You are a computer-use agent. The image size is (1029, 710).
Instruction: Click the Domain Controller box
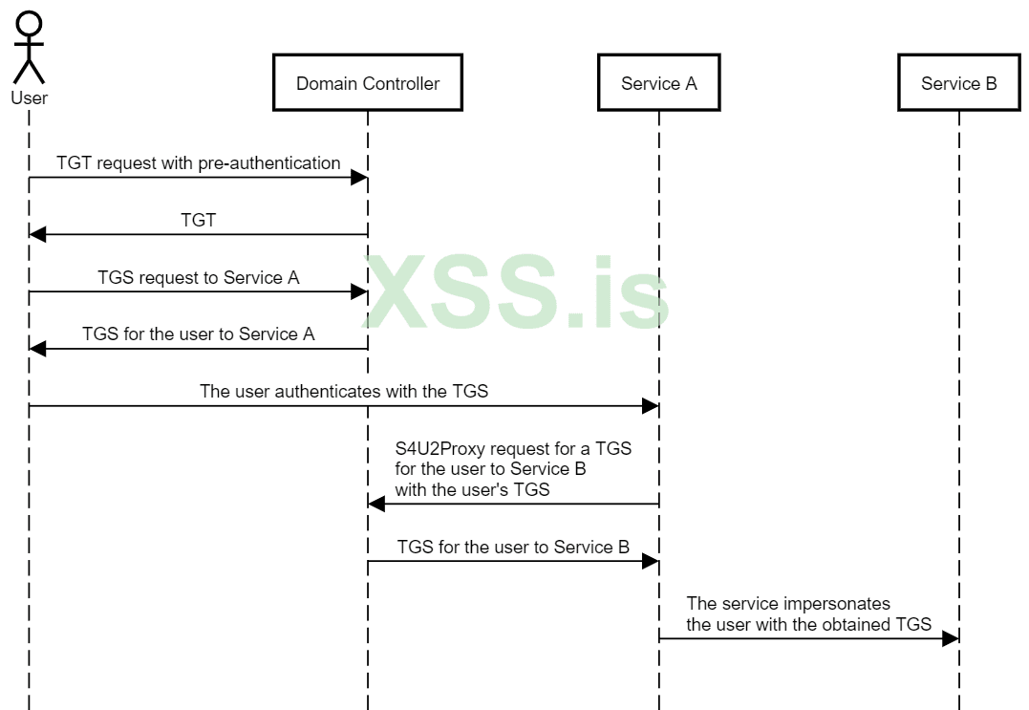[368, 83]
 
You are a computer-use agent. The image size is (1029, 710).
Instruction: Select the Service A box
[658, 83]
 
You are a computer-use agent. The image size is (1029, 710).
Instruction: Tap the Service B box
[958, 83]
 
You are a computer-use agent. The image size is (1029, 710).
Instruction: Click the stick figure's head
[30, 25]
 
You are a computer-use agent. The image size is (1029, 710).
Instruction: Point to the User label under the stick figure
[30, 97]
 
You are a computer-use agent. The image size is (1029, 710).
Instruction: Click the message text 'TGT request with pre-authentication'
[198, 163]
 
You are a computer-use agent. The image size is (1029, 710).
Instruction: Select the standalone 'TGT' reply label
[198, 221]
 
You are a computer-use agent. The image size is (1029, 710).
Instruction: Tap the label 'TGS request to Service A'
[198, 278]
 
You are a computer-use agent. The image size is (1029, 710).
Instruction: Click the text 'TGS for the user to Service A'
[198, 334]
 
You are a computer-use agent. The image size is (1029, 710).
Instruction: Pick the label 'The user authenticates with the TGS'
[344, 391]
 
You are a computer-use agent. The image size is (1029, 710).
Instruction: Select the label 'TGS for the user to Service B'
[513, 547]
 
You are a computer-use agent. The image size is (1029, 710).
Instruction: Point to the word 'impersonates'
[842, 604]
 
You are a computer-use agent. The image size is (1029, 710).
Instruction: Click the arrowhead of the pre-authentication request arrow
[360, 178]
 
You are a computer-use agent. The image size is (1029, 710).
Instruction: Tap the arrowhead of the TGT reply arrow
[38, 235]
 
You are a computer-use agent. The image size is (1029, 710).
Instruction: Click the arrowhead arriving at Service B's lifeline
[951, 638]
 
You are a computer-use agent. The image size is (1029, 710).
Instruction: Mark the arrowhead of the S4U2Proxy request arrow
[376, 504]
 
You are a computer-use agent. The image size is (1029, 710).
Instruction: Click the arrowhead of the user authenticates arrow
[651, 406]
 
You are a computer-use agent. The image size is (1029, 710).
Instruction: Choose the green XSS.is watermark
[516, 291]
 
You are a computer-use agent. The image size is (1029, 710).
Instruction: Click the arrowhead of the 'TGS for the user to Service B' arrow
[651, 561]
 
